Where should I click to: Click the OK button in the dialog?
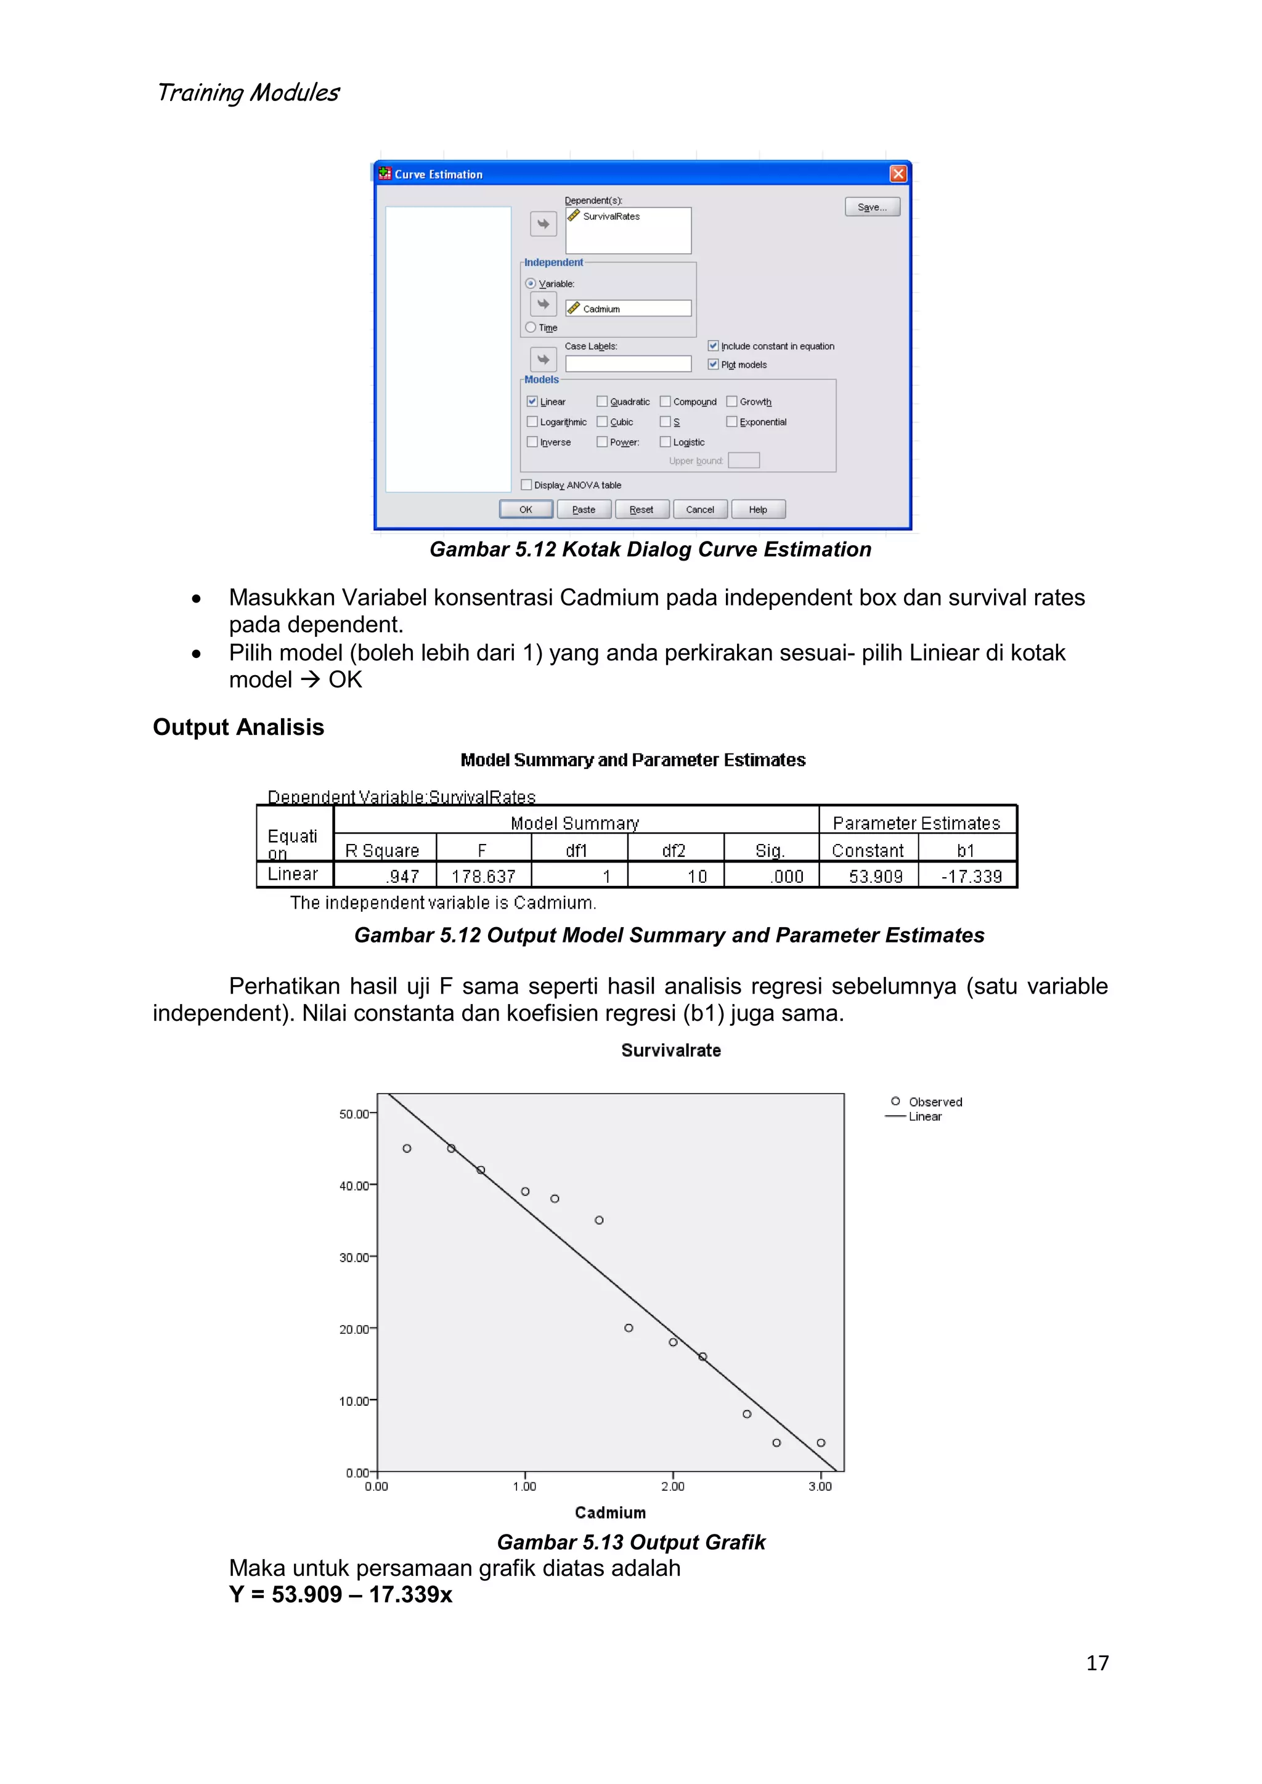pos(526,509)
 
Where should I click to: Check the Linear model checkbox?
pos(532,402)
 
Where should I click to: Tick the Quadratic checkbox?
pos(602,402)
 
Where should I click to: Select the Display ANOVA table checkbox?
pos(527,485)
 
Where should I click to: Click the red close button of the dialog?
pos(898,174)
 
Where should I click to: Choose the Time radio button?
pos(531,327)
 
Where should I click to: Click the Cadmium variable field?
pos(628,309)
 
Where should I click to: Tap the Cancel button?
pos(699,509)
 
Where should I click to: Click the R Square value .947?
pos(402,877)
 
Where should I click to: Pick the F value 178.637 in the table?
pos(483,877)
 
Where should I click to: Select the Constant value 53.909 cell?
pos(875,877)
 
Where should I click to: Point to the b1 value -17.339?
pos(971,877)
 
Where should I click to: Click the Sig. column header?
pos(770,851)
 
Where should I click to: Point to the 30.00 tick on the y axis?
pos(354,1257)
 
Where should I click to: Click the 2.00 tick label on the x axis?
pos(673,1486)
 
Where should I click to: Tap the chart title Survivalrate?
pos(670,1050)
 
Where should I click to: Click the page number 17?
pos(1097,1663)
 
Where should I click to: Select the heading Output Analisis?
pos(238,728)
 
